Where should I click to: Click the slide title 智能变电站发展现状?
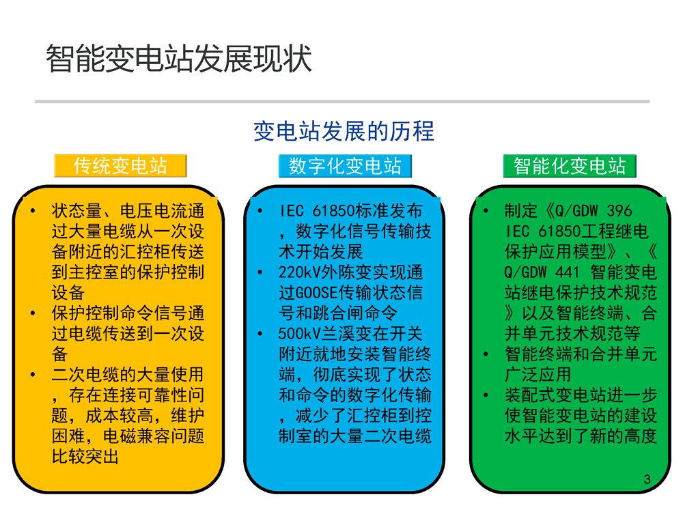coord(178,58)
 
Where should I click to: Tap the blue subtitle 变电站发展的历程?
coord(344,131)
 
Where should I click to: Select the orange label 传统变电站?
coord(120,165)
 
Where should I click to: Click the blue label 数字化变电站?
coord(345,166)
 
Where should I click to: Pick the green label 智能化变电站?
coord(570,166)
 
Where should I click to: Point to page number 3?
coord(647,479)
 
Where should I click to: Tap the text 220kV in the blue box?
coord(300,272)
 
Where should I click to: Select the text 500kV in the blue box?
coord(300,334)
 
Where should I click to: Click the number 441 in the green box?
coord(568,272)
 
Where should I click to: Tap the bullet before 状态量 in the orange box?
coord(33,211)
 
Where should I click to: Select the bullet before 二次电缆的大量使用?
coord(33,375)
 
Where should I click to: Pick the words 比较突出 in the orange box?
coord(85,457)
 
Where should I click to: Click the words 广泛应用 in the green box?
coord(538,375)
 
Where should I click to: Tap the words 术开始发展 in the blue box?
coord(321,252)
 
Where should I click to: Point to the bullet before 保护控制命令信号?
coord(33,313)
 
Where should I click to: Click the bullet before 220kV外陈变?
coord(260,272)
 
